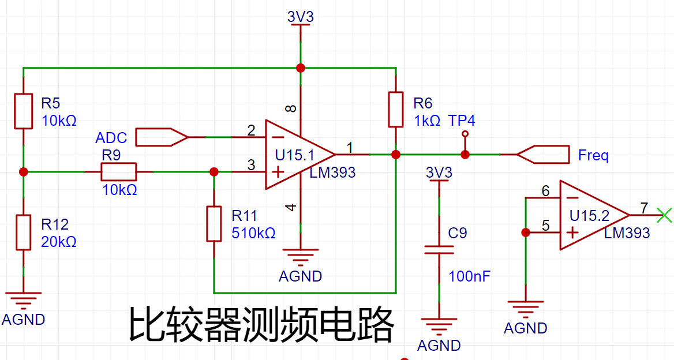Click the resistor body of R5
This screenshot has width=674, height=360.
tap(23, 111)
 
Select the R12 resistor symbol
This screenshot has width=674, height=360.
tap(23, 232)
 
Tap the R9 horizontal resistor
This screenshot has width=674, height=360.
tap(119, 172)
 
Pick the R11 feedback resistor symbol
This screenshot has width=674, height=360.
tap(214, 224)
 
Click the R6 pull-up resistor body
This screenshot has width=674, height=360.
tap(396, 110)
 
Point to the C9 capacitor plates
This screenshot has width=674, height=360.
tap(439, 250)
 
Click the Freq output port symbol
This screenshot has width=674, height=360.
tap(543, 155)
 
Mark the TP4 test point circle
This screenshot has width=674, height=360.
tap(465, 134)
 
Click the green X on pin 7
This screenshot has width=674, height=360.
tap(665, 215)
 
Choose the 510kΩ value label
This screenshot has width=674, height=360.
tap(253, 233)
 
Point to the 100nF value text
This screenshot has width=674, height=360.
tap(469, 276)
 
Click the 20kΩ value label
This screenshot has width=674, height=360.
tap(58, 242)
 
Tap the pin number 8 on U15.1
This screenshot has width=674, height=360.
tap(291, 108)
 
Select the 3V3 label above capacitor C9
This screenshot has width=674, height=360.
tap(439, 172)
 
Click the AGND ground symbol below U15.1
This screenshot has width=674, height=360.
tap(301, 256)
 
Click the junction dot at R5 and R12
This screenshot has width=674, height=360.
tap(24, 172)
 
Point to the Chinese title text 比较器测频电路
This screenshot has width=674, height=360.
tap(261, 324)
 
